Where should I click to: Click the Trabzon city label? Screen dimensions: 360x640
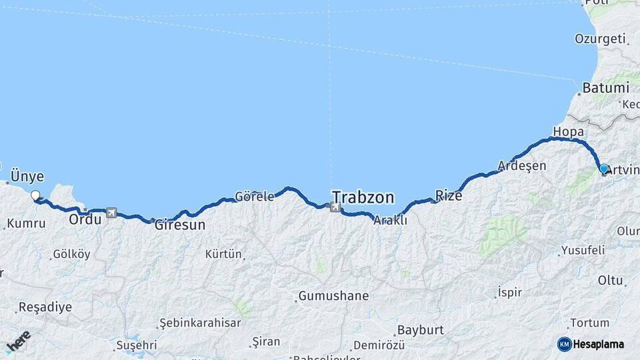pos(363,197)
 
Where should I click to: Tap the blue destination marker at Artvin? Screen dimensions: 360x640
pos(603,169)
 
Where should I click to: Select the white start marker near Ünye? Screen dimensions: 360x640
pos(35,195)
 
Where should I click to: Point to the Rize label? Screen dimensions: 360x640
pos(448,195)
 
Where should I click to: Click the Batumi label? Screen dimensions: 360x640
pos(605,87)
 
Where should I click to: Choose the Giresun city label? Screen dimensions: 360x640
pos(180,225)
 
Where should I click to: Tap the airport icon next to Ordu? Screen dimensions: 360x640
pos(110,213)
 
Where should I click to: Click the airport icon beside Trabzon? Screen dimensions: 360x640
pos(335,208)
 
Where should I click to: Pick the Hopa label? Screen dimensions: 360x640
pos(569,131)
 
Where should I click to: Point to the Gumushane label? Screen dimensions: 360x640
pos(333,295)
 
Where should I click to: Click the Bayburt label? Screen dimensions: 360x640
pos(420,330)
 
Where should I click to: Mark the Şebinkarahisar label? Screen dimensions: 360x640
pos(200,323)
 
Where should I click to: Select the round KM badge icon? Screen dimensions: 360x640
pos(564,344)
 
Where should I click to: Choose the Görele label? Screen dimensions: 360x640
pos(254,197)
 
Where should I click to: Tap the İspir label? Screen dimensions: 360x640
pos(510,292)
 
